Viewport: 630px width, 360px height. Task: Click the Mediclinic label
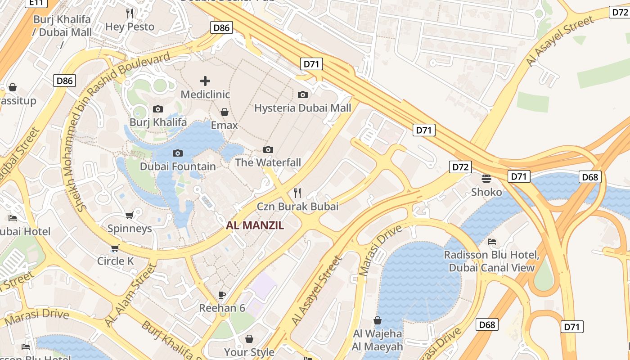(x=205, y=94)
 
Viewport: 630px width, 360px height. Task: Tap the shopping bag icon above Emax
(x=224, y=112)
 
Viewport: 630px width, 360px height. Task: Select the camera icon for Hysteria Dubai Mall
(x=303, y=94)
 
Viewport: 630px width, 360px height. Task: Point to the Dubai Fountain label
(x=178, y=166)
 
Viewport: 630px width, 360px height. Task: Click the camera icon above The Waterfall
(x=268, y=149)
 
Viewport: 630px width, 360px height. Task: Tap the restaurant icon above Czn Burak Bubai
(x=297, y=193)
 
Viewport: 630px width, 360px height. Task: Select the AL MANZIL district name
(x=255, y=225)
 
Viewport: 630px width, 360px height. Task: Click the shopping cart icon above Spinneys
(x=130, y=216)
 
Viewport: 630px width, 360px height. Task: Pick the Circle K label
(x=116, y=261)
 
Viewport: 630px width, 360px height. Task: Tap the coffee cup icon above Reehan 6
(x=222, y=295)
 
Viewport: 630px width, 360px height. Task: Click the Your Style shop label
(x=249, y=352)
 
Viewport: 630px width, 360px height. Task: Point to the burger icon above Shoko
(x=486, y=179)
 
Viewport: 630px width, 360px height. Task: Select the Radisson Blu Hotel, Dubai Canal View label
(x=491, y=261)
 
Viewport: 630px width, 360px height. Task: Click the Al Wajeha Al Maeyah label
(x=378, y=340)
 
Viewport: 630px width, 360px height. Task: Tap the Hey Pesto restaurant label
(x=130, y=27)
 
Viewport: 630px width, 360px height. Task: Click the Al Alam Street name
(x=130, y=295)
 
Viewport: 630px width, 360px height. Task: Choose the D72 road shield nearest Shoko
(x=460, y=167)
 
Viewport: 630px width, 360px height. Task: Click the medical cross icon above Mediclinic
(x=205, y=81)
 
